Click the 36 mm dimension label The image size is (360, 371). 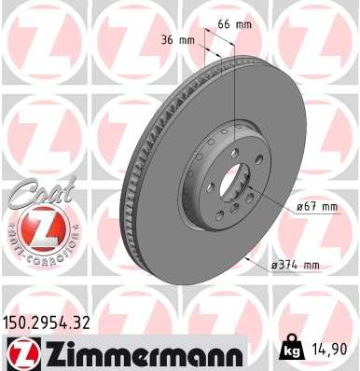(x=177, y=40)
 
